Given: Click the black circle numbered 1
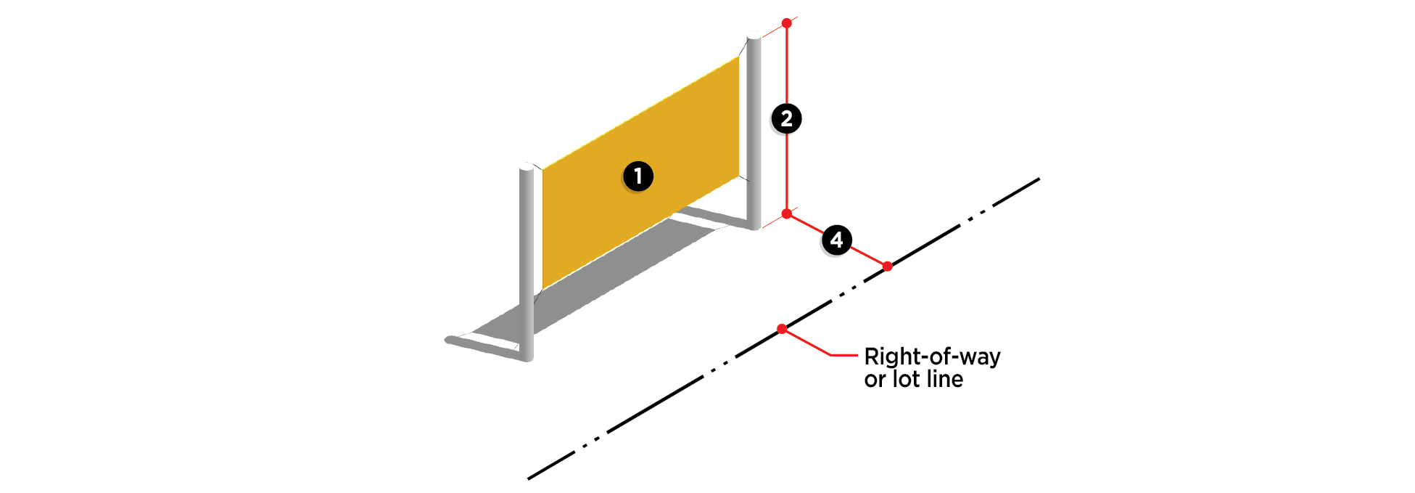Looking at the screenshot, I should click(x=638, y=176).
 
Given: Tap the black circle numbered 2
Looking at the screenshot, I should click(x=786, y=118).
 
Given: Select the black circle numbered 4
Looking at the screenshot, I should click(x=836, y=240).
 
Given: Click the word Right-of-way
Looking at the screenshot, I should click(x=932, y=356).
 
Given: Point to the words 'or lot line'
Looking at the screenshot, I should click(x=913, y=379).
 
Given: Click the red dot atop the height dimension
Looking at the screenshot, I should click(x=786, y=23).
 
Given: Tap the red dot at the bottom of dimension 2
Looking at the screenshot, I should click(x=786, y=214).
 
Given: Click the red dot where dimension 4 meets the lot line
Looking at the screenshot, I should click(x=887, y=266).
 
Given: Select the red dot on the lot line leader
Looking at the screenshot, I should click(x=782, y=330).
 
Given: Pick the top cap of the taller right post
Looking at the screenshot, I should click(x=754, y=36).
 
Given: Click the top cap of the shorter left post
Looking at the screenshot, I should click(x=527, y=168).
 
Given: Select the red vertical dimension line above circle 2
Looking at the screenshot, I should click(x=786, y=65).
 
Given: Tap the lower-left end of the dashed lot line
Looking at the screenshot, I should click(x=531, y=477).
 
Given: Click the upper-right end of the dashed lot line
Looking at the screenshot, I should click(x=1036, y=180).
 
